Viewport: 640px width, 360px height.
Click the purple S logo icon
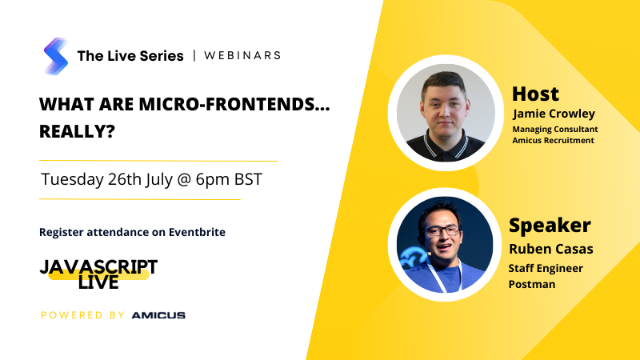56,56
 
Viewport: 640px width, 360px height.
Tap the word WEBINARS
242,55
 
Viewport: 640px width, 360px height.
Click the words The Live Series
130,56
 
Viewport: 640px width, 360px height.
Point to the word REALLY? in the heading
77,131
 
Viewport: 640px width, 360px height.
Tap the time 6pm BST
229,179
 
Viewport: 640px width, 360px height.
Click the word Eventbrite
197,232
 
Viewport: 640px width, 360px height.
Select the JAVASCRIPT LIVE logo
98,274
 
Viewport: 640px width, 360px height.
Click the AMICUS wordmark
158,315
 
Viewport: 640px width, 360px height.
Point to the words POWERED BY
82,315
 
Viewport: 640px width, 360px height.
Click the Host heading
535,94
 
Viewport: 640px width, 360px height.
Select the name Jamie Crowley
554,114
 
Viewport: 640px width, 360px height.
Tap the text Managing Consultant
555,129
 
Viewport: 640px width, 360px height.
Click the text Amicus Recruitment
553,141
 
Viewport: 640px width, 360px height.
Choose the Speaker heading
550,226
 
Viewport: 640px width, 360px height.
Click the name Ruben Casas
551,249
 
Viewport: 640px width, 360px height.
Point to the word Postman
532,284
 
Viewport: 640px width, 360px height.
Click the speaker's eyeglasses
443,231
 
